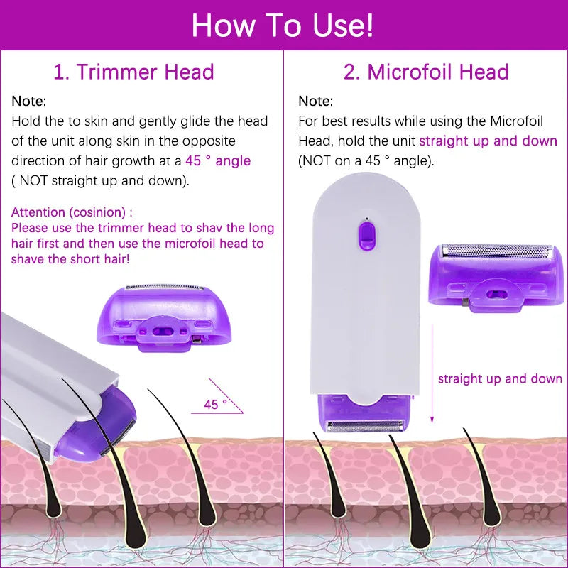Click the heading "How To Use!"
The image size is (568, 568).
[x=283, y=26]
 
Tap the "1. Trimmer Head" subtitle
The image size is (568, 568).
[x=133, y=72]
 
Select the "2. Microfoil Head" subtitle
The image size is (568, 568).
[x=426, y=72]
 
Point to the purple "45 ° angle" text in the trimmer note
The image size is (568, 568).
[x=218, y=161]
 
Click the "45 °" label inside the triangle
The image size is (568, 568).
[x=215, y=404]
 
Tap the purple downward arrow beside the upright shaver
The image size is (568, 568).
[x=432, y=376]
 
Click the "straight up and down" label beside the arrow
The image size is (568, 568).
[x=500, y=378]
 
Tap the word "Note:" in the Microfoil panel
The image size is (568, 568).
[x=315, y=102]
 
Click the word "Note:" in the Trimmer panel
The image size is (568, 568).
[x=29, y=102]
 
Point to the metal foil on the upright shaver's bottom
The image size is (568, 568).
[x=366, y=426]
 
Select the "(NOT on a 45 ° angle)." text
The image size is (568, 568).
[x=366, y=160]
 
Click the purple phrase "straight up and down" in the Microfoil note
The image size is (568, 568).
[x=488, y=141]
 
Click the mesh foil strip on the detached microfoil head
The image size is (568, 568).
[x=496, y=251]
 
